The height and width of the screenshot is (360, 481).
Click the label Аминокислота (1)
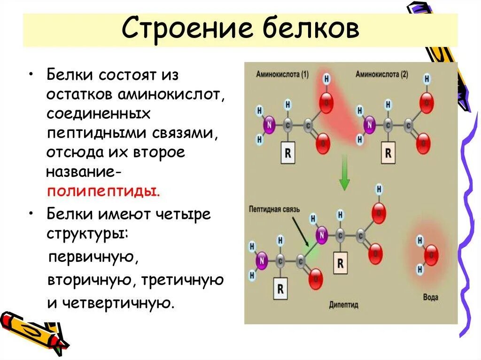282,74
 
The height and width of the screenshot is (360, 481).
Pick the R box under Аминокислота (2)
388,153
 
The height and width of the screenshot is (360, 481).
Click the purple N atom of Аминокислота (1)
269,125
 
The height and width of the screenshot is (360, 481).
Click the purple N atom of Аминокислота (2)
369,125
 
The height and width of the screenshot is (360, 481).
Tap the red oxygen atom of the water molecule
431,255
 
